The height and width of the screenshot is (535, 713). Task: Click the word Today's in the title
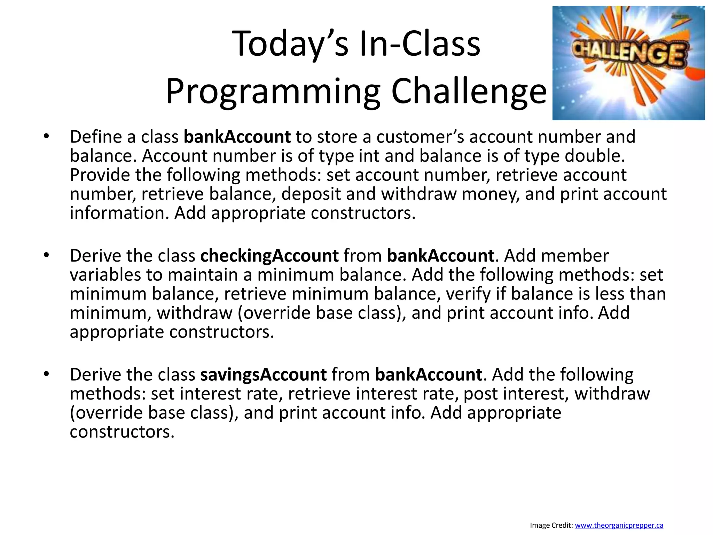click(x=290, y=44)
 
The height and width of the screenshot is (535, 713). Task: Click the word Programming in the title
click(x=273, y=91)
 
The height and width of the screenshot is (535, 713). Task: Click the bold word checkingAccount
click(x=269, y=256)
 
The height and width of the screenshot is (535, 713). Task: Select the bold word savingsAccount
click(x=263, y=375)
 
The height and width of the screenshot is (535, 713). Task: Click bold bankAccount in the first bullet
click(x=237, y=137)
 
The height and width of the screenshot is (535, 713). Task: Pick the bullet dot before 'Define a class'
click(x=46, y=137)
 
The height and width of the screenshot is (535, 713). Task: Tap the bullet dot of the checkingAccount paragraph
click(x=46, y=256)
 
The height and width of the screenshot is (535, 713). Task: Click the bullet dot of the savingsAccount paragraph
click(x=46, y=374)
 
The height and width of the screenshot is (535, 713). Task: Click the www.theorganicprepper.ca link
click(x=619, y=525)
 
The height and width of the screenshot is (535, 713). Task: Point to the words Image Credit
click(x=551, y=525)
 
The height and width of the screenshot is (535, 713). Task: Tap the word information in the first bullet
click(x=119, y=213)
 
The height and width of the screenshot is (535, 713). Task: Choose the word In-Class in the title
click(x=420, y=44)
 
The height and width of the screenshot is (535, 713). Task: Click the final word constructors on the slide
click(x=122, y=432)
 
